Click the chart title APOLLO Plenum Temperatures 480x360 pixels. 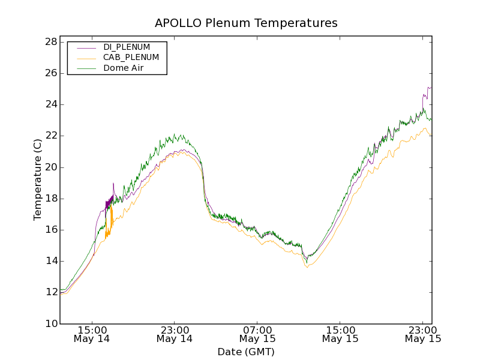[246, 23]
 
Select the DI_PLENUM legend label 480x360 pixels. [127, 47]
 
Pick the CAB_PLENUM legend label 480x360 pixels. [131, 58]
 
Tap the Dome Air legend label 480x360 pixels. [123, 68]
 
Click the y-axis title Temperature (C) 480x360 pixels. [38, 179]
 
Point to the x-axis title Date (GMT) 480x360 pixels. [245, 352]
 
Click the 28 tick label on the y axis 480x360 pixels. [51, 42]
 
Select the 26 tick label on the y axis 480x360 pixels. [51, 73]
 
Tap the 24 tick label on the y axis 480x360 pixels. [51, 104]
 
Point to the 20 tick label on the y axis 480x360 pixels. [51, 167]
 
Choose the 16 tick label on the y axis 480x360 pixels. [51, 230]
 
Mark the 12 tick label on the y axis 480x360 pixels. [51, 292]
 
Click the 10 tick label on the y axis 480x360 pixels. [51, 324]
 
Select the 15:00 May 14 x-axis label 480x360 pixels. [92, 334]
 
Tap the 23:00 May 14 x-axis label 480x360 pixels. [175, 334]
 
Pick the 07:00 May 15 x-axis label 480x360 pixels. [257, 334]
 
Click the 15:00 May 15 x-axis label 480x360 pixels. [340, 334]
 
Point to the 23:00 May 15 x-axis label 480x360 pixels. [423, 334]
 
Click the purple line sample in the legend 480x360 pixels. [86, 47]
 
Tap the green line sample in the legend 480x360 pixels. [86, 68]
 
